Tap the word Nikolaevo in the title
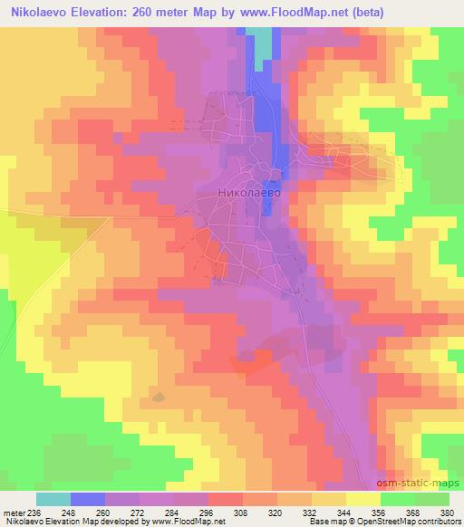(43, 13)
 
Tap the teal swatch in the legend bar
(53, 499)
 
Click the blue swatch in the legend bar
(88, 499)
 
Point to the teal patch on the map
(262, 42)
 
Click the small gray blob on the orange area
(159, 396)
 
